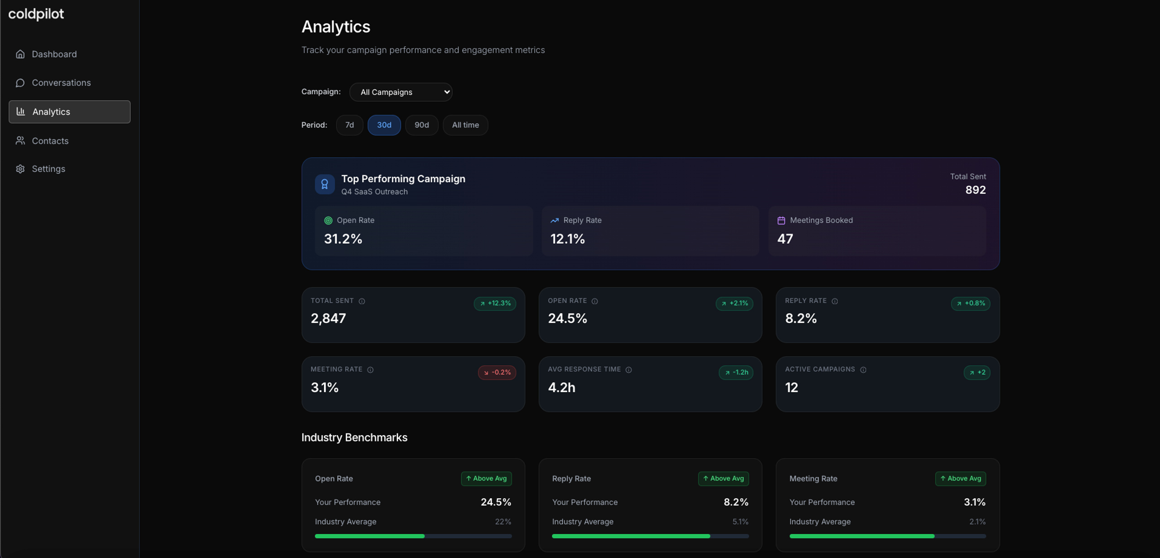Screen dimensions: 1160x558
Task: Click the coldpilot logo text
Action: (x=36, y=14)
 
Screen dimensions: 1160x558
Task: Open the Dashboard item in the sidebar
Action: (x=54, y=54)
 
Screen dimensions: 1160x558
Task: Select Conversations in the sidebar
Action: (x=61, y=82)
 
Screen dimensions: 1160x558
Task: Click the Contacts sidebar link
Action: (x=50, y=141)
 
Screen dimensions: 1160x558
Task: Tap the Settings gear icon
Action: (x=20, y=169)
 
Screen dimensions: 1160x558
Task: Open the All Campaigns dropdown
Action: (x=401, y=92)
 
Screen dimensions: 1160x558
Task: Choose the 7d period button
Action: (x=349, y=125)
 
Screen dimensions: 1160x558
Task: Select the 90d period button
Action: (x=421, y=125)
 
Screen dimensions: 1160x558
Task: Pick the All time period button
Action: (x=465, y=125)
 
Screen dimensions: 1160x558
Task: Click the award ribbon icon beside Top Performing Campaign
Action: (x=324, y=184)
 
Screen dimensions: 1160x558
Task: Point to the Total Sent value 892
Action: (x=975, y=190)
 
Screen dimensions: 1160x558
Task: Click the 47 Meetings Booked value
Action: (x=785, y=239)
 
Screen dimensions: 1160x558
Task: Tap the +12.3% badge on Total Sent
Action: (x=495, y=303)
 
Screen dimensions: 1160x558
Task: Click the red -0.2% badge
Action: (x=497, y=372)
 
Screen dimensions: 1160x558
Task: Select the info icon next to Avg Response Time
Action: (x=628, y=370)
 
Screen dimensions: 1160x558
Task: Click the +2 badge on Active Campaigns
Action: (x=977, y=372)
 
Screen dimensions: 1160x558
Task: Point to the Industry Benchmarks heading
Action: (x=354, y=437)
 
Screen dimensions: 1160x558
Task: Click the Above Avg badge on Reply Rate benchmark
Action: (x=723, y=479)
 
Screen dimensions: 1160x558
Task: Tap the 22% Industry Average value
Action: (x=503, y=522)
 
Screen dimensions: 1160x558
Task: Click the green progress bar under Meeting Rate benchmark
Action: (x=862, y=536)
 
